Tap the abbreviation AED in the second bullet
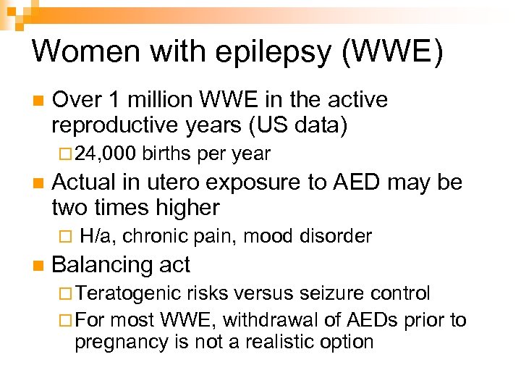tap(357, 182)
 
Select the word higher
tap(185, 209)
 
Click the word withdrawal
tap(259, 319)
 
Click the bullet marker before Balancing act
tap(38, 266)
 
